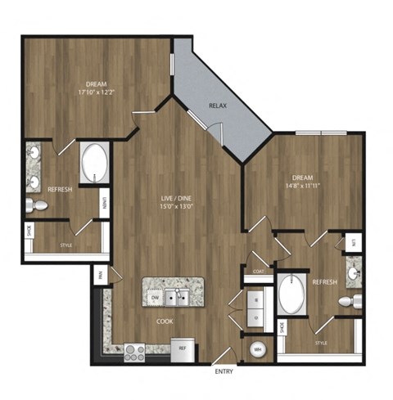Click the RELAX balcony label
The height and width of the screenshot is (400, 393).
pos(217,106)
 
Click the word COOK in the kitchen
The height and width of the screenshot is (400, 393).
pos(165,322)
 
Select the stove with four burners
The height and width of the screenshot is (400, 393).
pos(133,352)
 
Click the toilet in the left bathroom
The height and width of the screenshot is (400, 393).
pos(35,204)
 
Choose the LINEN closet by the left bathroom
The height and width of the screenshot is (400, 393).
pos(105,204)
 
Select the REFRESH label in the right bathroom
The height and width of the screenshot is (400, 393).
pos(324,281)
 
